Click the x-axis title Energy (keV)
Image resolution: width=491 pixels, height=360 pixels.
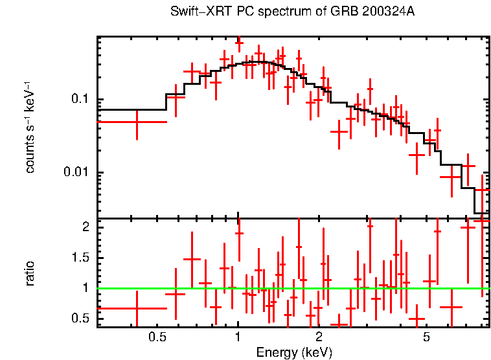point(294,353)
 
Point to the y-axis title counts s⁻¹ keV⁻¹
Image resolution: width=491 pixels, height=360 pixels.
point(30,127)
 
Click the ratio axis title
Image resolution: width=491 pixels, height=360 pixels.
point(30,273)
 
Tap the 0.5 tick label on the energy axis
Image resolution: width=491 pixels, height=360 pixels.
point(156,337)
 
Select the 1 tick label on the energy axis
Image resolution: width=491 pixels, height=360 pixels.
point(238,337)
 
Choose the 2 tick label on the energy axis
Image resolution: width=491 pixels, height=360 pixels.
point(319,337)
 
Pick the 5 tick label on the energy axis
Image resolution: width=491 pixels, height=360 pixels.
point(426,337)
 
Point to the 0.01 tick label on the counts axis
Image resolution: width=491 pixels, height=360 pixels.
point(76,173)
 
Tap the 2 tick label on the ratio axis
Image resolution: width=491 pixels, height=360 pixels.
point(84,227)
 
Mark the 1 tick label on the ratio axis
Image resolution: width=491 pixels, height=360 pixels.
point(84,288)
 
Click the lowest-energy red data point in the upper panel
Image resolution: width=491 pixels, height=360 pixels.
point(137,122)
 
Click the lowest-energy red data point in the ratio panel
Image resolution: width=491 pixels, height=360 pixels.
point(137,308)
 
